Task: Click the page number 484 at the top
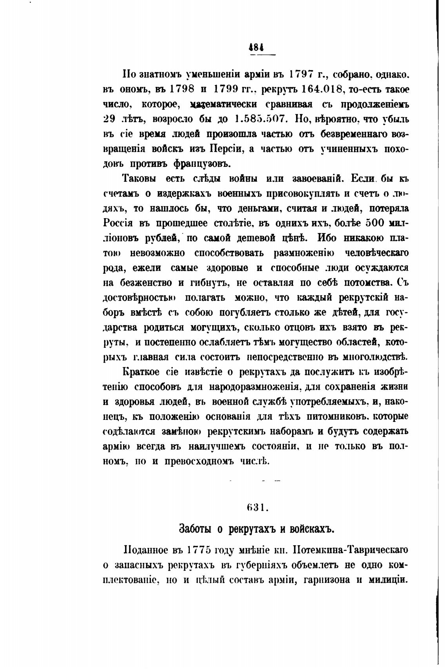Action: coord(256,47)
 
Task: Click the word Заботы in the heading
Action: coord(195,528)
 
